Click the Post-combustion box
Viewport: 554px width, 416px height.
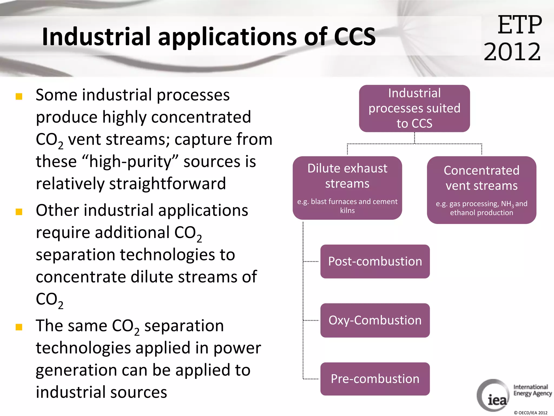click(375, 261)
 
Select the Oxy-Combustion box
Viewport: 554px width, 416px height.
click(375, 320)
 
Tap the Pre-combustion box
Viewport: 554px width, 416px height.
click(375, 379)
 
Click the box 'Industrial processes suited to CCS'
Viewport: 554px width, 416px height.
click(414, 108)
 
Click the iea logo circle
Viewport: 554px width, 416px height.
click(493, 395)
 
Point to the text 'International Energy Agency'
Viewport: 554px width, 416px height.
click(532, 390)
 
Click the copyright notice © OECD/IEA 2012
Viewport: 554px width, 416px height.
click(530, 413)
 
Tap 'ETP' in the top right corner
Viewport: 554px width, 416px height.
click(519, 25)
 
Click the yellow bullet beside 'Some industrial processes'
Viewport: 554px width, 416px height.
click(19, 96)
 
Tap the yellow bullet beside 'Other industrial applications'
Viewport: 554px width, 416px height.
click(19, 212)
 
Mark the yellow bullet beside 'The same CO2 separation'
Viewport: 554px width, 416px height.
click(19, 327)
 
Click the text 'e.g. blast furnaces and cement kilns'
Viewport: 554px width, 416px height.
click(347, 206)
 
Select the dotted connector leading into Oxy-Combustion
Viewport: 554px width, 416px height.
click(311, 320)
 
